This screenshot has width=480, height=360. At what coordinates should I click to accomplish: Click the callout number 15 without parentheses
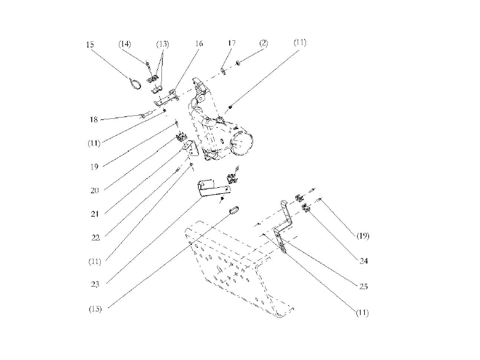(x=90, y=45)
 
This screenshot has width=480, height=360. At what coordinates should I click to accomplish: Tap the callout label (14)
(x=125, y=44)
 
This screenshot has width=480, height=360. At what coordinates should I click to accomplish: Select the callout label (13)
(x=163, y=44)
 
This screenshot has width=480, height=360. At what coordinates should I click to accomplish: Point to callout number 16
(x=199, y=44)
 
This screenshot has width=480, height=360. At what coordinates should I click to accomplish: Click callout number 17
(x=232, y=44)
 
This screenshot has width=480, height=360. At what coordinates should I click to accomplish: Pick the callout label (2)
(x=263, y=43)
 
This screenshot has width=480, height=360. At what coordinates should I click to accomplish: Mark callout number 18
(x=93, y=120)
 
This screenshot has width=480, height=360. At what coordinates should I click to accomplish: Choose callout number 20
(x=94, y=190)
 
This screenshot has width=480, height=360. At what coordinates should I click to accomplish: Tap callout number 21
(x=94, y=213)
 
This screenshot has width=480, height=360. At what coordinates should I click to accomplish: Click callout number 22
(x=94, y=237)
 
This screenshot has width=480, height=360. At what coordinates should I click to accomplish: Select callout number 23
(x=94, y=284)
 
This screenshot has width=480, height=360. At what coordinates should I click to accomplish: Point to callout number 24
(x=363, y=261)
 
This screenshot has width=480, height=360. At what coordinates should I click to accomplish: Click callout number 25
(x=363, y=287)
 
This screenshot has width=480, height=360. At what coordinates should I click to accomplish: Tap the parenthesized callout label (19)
(x=362, y=236)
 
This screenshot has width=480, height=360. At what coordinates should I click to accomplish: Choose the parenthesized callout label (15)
(x=94, y=309)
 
